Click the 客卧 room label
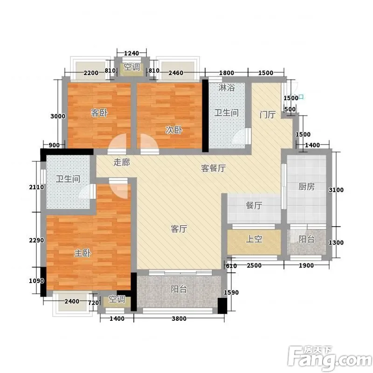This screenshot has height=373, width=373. click(x=99, y=113)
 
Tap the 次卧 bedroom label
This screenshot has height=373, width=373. click(x=174, y=130)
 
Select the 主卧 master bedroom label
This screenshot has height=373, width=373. click(x=83, y=253)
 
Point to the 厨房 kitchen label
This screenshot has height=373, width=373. click(x=307, y=186)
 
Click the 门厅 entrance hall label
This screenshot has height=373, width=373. click(x=268, y=114)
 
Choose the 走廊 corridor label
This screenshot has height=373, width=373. click(x=122, y=162)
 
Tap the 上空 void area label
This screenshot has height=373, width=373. click(x=254, y=239)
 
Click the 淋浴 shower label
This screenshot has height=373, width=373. click(x=227, y=88)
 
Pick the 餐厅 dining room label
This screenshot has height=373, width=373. click(x=254, y=205)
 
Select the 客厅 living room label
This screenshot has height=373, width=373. click(x=179, y=229)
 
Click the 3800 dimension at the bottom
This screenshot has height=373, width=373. click(x=179, y=318)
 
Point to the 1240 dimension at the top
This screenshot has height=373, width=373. click(x=131, y=53)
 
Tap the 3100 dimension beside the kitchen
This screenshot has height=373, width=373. click(x=336, y=190)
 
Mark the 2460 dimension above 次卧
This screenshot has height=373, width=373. click(x=176, y=73)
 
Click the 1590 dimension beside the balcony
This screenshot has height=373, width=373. click(x=231, y=292)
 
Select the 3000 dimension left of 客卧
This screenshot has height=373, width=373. click(x=58, y=116)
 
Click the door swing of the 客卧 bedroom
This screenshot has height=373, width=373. click(x=117, y=143)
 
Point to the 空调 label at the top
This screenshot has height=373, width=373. click(x=131, y=67)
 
